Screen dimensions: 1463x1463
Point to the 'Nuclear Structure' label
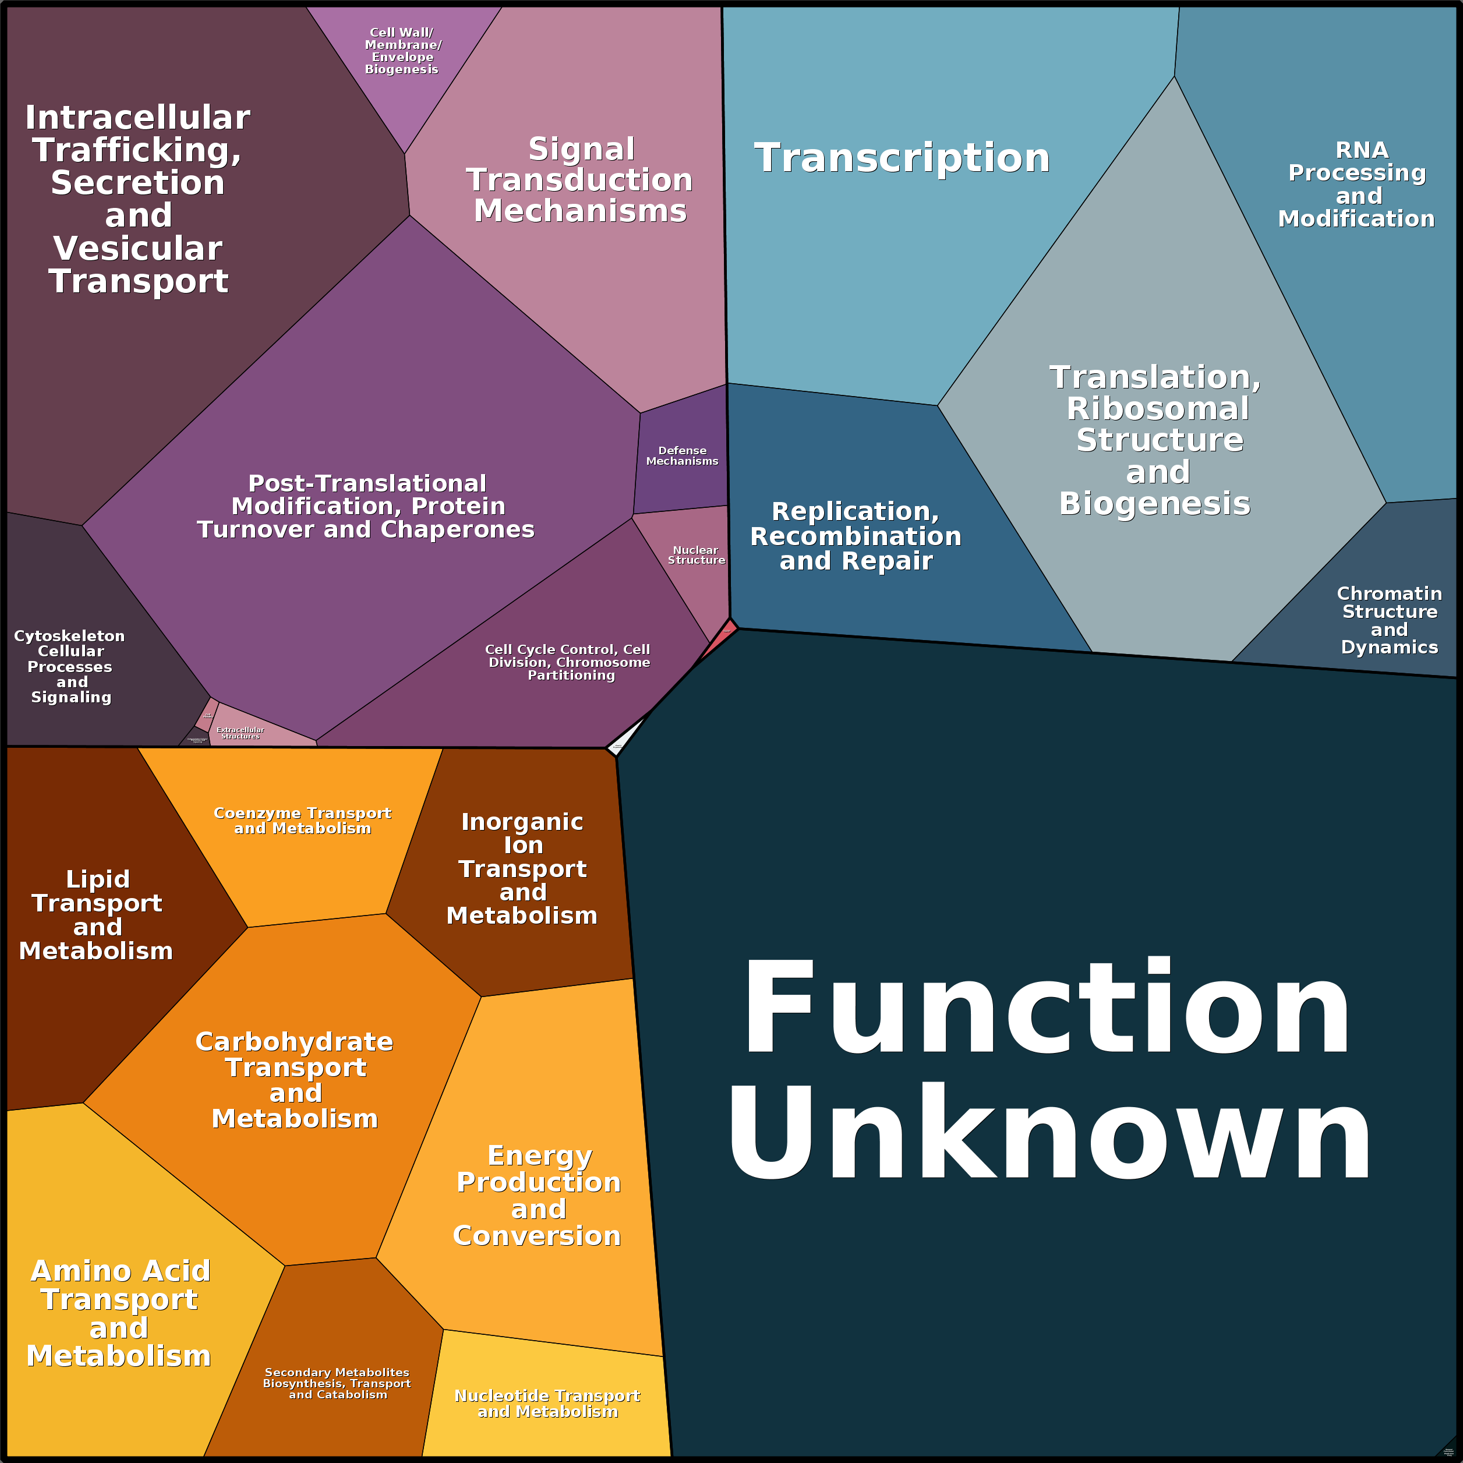(696, 555)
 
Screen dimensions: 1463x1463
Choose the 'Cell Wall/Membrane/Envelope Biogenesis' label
(402, 51)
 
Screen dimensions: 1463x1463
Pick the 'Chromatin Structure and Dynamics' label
(1389, 620)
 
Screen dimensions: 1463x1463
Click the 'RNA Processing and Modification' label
(1357, 184)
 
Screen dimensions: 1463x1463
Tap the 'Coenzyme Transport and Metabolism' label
(302, 820)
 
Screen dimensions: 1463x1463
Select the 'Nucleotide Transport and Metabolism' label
(547, 1403)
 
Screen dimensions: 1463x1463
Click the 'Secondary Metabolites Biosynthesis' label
(337, 1383)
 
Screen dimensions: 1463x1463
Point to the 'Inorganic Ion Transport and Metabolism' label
(522, 868)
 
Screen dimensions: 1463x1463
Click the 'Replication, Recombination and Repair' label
(856, 536)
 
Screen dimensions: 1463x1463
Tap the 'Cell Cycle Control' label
(568, 662)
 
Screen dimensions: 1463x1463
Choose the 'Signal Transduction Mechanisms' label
(580, 179)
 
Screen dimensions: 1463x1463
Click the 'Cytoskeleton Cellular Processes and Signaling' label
(70, 666)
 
